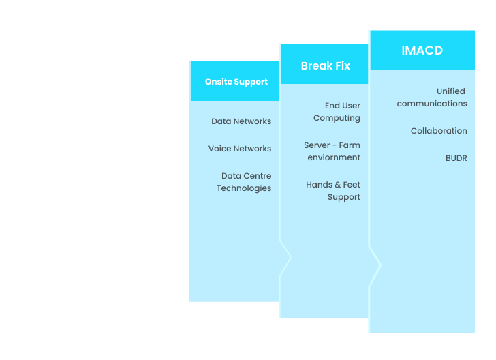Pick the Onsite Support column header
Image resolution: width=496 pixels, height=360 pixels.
(x=236, y=82)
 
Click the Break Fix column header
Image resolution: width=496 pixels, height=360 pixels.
(x=326, y=66)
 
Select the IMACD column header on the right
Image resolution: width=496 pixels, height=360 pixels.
(x=422, y=50)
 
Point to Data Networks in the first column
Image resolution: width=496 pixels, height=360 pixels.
(x=241, y=121)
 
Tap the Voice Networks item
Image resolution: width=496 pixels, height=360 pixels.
(x=240, y=149)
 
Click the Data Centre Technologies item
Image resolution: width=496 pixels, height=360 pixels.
(x=244, y=182)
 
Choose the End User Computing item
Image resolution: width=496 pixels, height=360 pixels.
(x=337, y=112)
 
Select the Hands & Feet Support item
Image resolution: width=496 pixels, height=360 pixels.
(x=333, y=191)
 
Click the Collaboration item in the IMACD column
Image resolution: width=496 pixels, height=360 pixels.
(x=439, y=131)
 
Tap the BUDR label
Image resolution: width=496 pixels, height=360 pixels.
(x=456, y=158)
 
